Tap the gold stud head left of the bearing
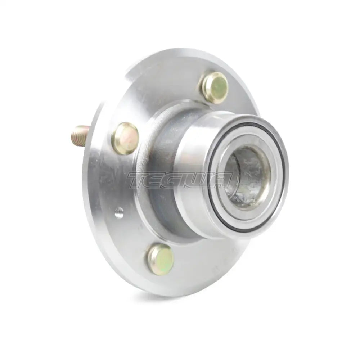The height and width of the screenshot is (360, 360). tap(125, 139)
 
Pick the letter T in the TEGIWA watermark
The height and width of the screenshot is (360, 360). tap(138, 180)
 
